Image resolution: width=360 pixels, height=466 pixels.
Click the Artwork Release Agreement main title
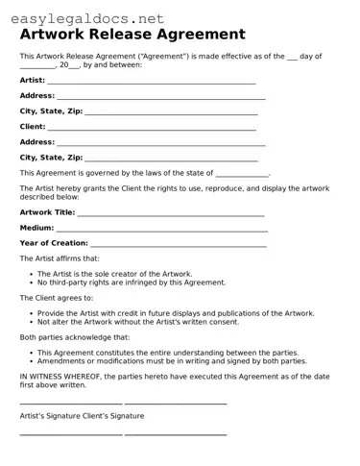tap(132, 35)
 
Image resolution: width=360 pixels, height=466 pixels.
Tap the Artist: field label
tap(33, 80)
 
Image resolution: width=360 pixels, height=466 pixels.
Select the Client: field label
tap(33, 126)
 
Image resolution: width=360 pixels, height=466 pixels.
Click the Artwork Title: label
tap(47, 211)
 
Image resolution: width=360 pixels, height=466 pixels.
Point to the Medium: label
tap(36, 228)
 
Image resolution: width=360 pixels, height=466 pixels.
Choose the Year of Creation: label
tap(54, 243)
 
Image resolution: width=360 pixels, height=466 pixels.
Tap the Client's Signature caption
tap(117, 416)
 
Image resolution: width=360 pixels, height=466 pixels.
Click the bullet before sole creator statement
tap(31, 274)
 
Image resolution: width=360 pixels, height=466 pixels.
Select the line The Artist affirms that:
tap(60, 258)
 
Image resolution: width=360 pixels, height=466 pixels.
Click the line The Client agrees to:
tap(59, 298)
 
